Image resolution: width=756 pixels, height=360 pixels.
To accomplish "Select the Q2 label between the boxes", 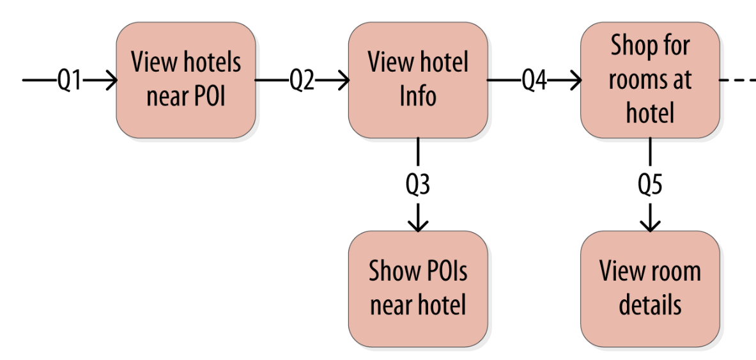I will point(302,81).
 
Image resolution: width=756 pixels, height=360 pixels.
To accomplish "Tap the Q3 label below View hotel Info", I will point(418,184).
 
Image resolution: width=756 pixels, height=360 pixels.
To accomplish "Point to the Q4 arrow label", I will point(534,81).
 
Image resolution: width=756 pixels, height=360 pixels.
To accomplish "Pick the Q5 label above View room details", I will point(650,184).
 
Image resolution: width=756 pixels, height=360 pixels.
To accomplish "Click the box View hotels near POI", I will point(186,80).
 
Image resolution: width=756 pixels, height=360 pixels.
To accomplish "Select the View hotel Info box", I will point(418,80).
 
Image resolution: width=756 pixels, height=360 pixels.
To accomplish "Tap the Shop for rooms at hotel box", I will point(650,80).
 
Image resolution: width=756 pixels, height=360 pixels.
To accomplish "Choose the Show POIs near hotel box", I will point(418,288).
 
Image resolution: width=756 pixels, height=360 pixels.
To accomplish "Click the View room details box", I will point(650,288).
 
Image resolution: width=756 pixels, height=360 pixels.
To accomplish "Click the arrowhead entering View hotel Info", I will point(343,81).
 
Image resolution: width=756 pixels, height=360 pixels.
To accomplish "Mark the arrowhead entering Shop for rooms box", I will point(575,81).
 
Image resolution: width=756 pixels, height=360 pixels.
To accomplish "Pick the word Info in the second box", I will point(418,97).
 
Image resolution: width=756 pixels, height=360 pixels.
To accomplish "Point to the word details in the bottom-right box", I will point(650,305).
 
